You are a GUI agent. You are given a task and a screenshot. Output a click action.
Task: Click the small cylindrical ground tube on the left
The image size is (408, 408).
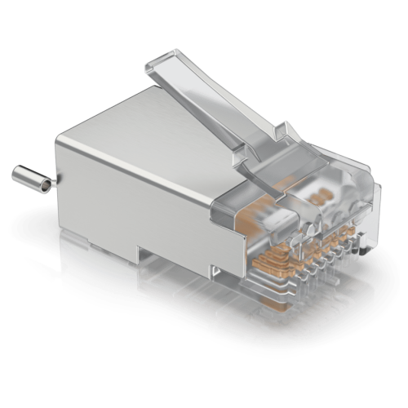(31, 178)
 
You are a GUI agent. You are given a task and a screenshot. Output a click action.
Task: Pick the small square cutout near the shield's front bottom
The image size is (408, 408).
(215, 268)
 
